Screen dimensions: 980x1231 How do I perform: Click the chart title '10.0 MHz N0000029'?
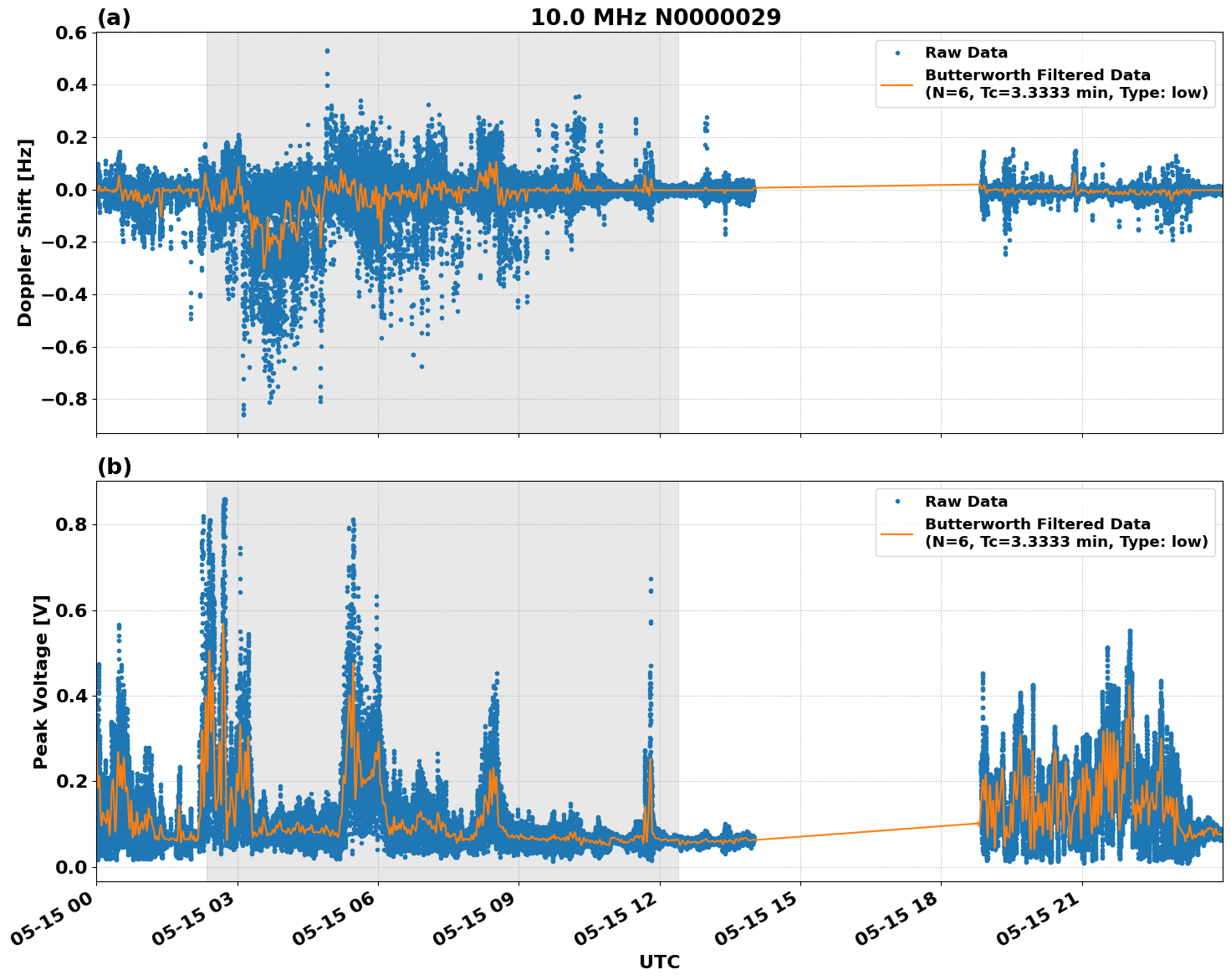tap(656, 18)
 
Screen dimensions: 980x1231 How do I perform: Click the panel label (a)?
tap(114, 18)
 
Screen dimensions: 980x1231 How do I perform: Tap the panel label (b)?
tap(114, 467)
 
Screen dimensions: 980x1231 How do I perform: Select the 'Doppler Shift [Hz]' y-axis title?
tap(25, 232)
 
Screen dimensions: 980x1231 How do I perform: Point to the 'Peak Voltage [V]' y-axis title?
tap(41, 681)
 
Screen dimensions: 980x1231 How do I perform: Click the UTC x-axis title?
tap(659, 962)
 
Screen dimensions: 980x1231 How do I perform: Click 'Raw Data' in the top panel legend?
tap(966, 54)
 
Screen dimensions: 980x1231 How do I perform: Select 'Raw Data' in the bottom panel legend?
tap(966, 502)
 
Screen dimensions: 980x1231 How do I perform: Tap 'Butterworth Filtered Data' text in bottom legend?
tap(1037, 524)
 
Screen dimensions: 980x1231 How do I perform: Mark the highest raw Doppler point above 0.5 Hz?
tap(327, 51)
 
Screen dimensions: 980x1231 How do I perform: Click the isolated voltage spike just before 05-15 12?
tap(651, 579)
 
